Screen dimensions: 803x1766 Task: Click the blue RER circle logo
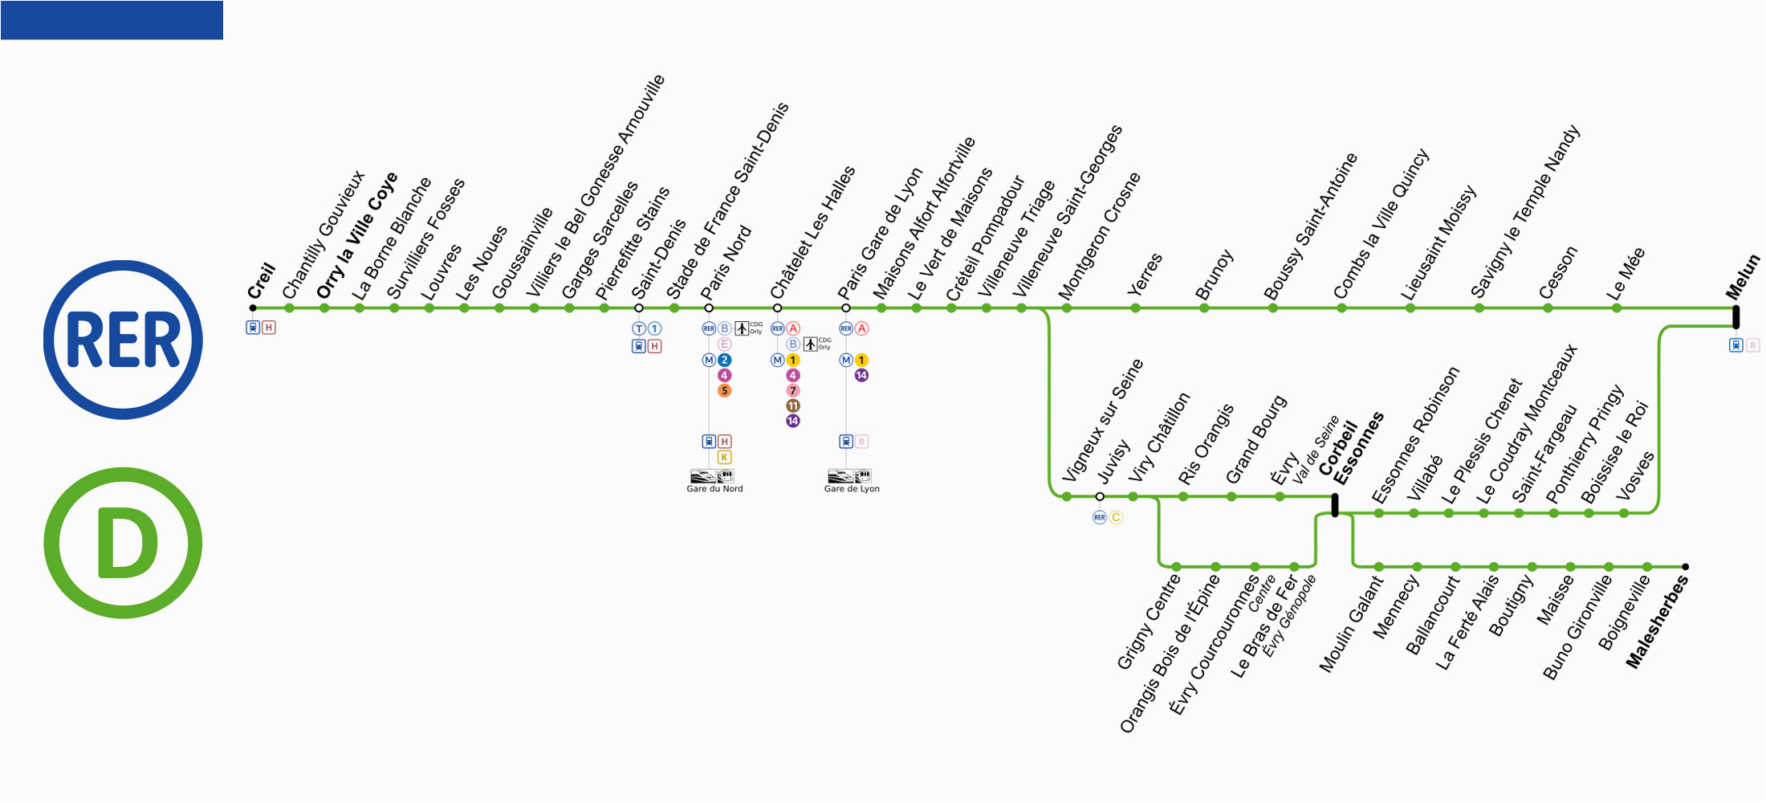(x=123, y=340)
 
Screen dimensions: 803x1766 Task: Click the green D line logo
(x=123, y=543)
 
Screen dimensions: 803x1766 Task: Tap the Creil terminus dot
(x=253, y=308)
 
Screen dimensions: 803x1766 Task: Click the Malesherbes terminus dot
(x=1685, y=567)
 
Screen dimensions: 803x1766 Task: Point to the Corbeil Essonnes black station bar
(x=1335, y=505)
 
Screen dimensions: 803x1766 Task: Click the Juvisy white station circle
(x=1100, y=496)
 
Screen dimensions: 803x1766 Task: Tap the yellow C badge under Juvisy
(x=1116, y=517)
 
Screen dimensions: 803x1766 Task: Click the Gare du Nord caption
(x=714, y=488)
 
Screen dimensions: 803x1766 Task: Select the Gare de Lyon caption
(x=852, y=488)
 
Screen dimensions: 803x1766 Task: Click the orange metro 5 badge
(x=724, y=391)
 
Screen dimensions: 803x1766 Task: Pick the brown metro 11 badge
(x=793, y=406)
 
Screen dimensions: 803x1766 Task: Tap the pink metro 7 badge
(x=793, y=391)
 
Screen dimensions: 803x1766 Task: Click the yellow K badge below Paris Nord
(x=724, y=457)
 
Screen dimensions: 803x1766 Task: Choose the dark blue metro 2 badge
(x=724, y=360)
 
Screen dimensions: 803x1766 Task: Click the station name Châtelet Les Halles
(x=812, y=233)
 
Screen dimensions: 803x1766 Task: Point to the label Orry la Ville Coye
(x=356, y=236)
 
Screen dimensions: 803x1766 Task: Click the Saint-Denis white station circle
(x=639, y=308)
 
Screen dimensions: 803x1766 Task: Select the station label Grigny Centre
(x=1149, y=623)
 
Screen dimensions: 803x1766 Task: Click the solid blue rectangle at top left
(x=112, y=20)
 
